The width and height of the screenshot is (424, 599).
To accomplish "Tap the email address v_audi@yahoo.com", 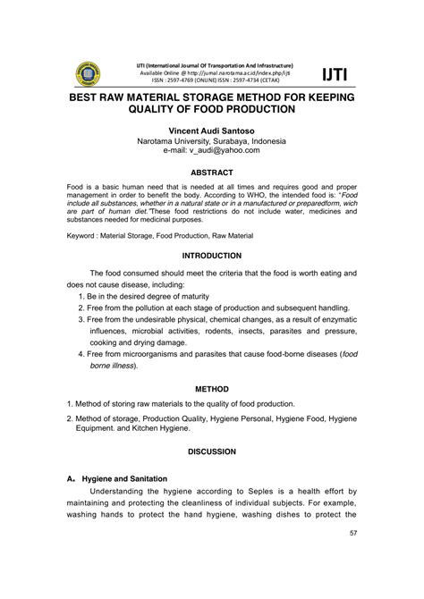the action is point(211,152).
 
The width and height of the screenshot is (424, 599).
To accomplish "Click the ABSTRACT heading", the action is point(211,173).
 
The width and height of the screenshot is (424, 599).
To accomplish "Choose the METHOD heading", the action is point(211,389).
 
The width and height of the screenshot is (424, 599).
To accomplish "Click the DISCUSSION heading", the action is point(211,452).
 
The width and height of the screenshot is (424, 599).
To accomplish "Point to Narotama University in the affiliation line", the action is point(174,141).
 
